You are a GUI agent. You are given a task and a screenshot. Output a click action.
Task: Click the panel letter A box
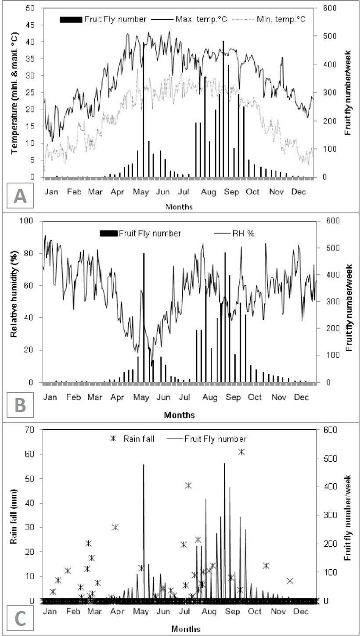[20, 195]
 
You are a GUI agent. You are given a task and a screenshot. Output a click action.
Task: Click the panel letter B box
[20, 405]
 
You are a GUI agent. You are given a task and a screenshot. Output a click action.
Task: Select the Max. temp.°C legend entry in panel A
[189, 19]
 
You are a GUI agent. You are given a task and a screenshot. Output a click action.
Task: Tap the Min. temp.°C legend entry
[269, 19]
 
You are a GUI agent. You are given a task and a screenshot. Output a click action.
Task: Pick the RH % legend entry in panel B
[234, 234]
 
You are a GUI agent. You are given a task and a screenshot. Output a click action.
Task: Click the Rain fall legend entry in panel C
[132, 438]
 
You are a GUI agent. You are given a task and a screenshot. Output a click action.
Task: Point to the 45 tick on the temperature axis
[30, 25]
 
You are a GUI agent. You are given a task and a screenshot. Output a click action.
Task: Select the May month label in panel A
[141, 192]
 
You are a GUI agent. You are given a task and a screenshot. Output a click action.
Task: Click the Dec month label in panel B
[301, 397]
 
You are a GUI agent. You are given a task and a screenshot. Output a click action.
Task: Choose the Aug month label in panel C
[209, 611]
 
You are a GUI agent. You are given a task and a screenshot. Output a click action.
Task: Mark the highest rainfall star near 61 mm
[241, 452]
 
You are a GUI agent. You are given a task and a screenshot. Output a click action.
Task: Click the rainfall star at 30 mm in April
[115, 528]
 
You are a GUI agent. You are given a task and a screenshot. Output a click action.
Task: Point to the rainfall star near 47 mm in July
[188, 485]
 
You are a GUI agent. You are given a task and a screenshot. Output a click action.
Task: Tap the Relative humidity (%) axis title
[14, 294]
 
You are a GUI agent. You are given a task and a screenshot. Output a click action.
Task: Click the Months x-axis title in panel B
[180, 415]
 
